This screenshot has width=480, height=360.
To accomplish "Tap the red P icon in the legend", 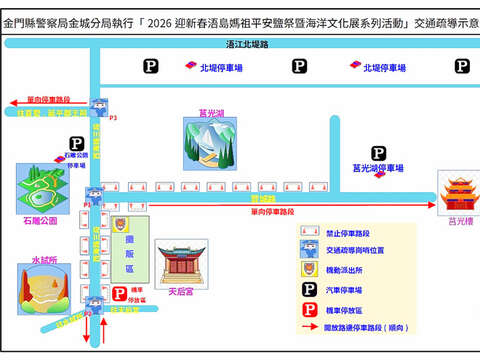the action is (309, 307).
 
